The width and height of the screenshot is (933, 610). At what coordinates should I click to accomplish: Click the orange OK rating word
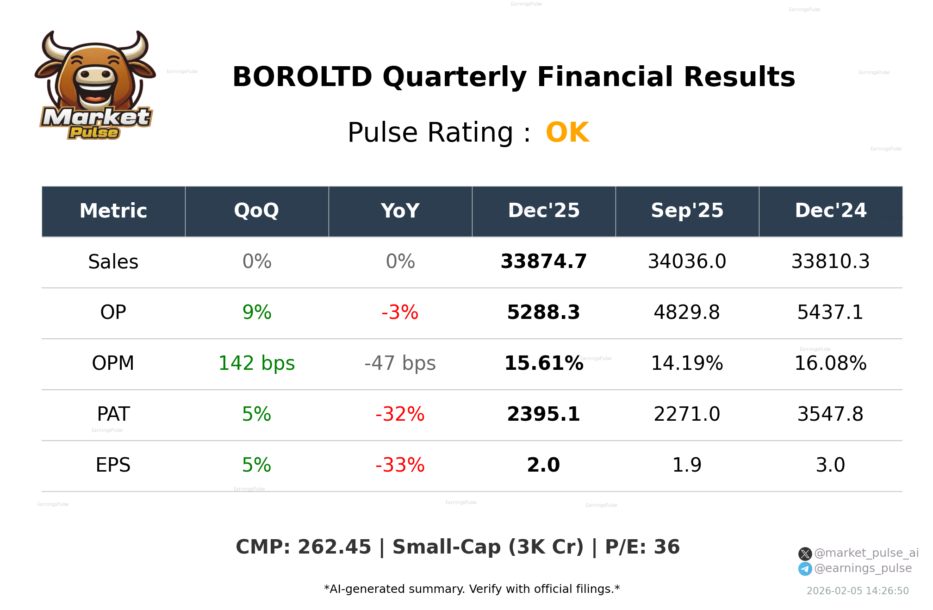tap(567, 133)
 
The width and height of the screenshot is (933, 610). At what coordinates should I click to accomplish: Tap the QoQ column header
tap(256, 211)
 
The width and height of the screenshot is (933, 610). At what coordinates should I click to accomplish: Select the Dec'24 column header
tap(830, 211)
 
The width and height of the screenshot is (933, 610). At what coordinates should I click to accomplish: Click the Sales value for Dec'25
tap(543, 262)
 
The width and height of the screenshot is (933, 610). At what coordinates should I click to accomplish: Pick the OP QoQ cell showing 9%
tap(256, 313)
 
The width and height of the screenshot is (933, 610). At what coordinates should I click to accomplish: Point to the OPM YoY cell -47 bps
tap(400, 364)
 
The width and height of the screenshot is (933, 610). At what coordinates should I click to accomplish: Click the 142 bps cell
tap(256, 364)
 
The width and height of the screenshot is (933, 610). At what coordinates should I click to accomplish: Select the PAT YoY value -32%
tap(400, 415)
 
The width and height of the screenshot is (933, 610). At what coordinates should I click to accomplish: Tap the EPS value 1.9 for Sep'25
tap(687, 466)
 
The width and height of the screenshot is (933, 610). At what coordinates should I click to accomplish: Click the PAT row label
tap(113, 415)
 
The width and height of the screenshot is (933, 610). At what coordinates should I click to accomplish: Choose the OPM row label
tap(113, 364)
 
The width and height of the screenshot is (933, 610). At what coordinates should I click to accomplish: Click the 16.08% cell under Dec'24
tap(830, 364)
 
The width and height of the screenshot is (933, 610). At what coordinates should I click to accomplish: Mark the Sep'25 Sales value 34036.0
tap(687, 262)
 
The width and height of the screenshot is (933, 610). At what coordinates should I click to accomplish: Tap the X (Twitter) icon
tap(805, 554)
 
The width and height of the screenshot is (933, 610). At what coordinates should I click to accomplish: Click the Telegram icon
tap(805, 569)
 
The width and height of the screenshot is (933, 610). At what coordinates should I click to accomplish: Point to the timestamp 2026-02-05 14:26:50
tap(858, 591)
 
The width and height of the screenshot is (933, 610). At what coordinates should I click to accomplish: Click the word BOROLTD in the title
tap(302, 77)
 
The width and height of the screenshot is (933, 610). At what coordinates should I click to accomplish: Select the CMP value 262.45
tap(334, 548)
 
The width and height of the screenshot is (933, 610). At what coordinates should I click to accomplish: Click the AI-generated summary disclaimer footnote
tap(472, 589)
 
